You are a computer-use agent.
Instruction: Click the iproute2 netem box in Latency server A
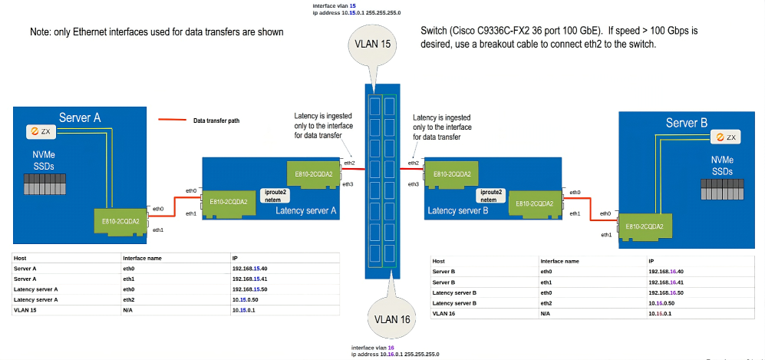click(x=274, y=195)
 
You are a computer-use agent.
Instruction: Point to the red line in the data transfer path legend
click(x=172, y=120)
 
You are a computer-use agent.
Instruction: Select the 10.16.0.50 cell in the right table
click(x=662, y=303)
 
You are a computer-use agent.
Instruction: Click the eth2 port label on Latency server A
click(x=349, y=163)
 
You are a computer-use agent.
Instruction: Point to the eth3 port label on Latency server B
click(x=413, y=184)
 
